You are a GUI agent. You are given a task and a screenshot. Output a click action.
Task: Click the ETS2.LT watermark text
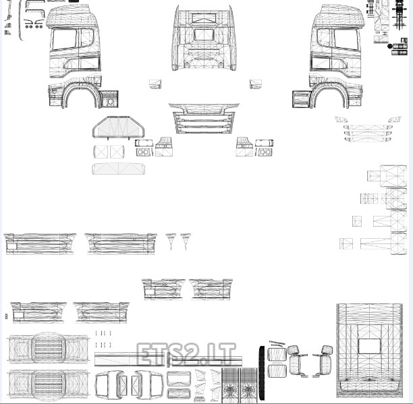[186, 354]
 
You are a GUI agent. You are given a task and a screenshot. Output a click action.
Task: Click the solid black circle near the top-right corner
[390, 47]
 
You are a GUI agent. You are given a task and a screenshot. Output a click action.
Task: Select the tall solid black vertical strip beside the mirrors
[262, 372]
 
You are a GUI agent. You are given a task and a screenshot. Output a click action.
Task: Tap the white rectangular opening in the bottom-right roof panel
[369, 346]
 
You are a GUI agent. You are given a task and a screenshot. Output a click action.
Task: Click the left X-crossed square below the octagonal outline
[101, 152]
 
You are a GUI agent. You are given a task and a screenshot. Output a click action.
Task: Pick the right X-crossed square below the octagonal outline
[117, 152]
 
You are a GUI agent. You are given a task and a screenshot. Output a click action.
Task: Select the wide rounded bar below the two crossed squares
[118, 169]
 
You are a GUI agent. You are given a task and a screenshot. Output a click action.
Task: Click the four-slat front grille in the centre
[204, 122]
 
